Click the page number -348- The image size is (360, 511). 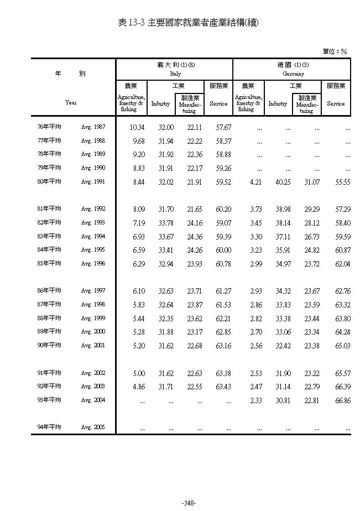click(189, 503)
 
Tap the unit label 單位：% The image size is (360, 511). click(335, 51)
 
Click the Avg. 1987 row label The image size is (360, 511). click(93, 127)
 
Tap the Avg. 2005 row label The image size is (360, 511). click(93, 427)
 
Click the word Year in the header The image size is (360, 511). click(70, 102)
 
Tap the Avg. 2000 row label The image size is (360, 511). click(93, 332)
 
